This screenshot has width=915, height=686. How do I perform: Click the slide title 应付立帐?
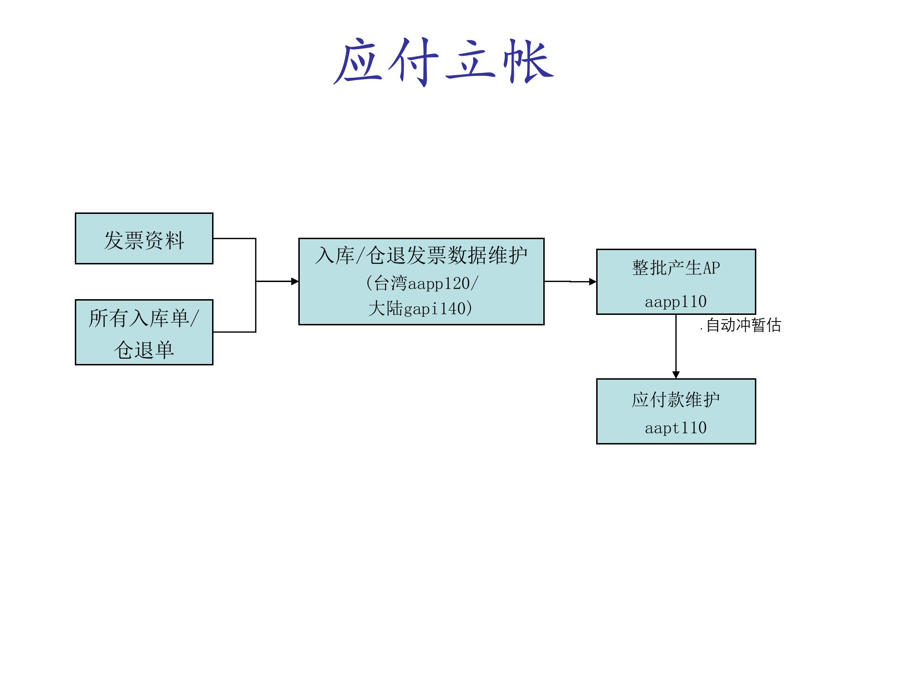point(443,62)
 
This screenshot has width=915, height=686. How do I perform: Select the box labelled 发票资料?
point(144,239)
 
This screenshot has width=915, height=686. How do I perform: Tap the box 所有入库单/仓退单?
point(144,333)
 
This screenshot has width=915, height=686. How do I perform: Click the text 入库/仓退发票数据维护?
point(421,256)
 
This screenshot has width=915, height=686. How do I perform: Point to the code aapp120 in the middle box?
point(439,284)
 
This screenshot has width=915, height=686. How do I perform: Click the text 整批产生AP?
point(676,268)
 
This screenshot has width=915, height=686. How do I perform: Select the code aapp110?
point(676,302)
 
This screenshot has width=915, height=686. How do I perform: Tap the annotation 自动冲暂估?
point(743,325)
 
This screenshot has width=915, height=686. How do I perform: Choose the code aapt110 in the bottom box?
point(676,428)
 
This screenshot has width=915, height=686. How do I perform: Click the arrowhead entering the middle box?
point(295,282)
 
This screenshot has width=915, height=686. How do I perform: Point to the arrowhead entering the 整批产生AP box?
point(593,282)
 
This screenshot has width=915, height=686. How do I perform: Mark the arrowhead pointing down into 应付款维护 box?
point(676,375)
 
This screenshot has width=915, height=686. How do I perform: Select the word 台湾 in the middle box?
point(391,284)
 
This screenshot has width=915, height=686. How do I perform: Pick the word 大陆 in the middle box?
point(386,309)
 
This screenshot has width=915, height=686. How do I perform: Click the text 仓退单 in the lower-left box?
point(144,350)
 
